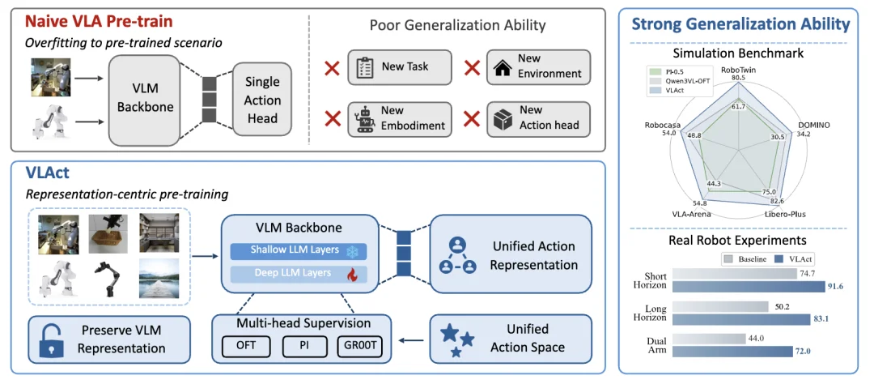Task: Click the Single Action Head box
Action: (x=262, y=100)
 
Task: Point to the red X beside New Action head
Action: (x=472, y=119)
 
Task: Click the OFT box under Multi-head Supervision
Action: (x=246, y=345)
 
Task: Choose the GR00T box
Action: (x=360, y=345)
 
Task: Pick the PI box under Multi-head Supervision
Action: (x=303, y=345)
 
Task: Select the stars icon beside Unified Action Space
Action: (x=457, y=339)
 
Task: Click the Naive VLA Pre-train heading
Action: (x=98, y=23)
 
